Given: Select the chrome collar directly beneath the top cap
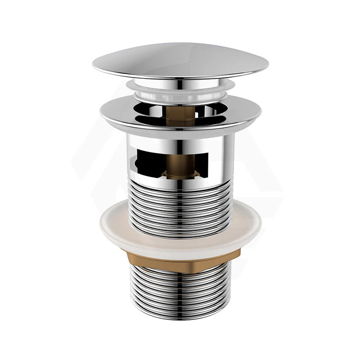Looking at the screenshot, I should (180, 82).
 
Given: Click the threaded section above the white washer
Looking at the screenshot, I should (180, 202).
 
